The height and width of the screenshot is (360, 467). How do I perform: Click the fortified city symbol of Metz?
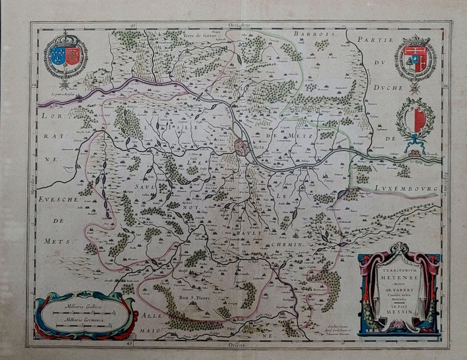pos(242,147)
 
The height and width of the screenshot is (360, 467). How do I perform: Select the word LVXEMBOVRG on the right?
pos(408,189)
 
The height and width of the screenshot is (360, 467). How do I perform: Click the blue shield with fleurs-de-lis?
pos(58,56)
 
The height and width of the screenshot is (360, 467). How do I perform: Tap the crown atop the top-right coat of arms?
pos(415,41)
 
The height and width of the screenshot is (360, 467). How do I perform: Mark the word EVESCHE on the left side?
pos(57,200)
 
